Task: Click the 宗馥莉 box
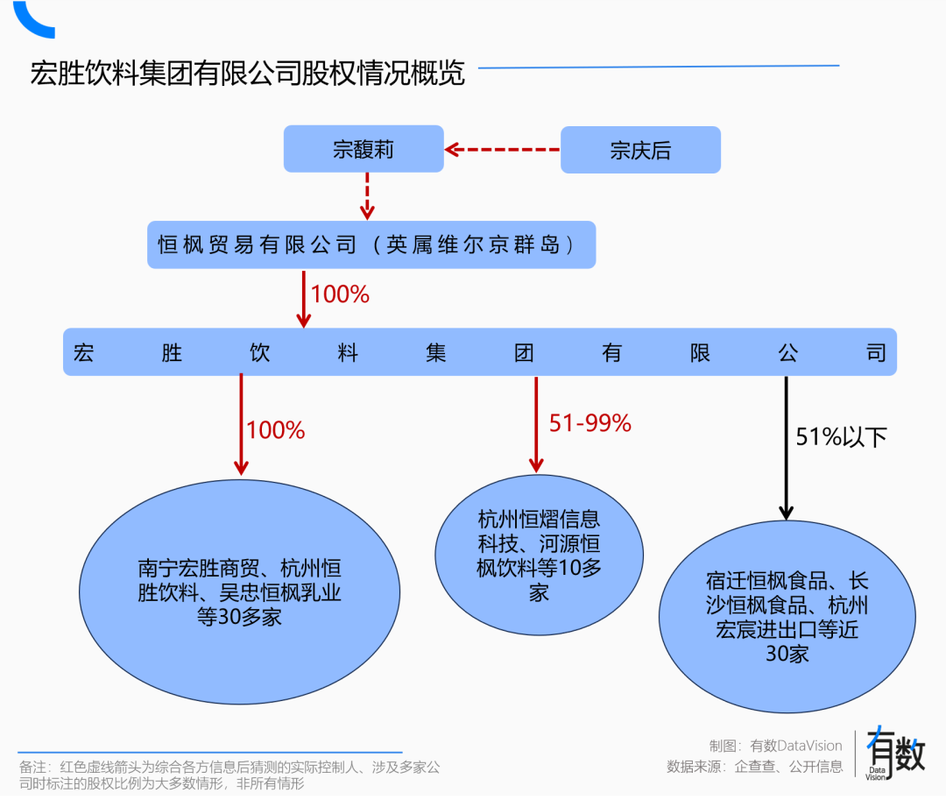click(363, 149)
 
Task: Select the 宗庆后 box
click(640, 150)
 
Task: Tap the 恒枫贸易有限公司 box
click(371, 244)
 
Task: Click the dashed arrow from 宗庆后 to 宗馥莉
click(502, 150)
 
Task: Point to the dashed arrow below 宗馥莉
click(368, 195)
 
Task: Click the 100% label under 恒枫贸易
click(340, 294)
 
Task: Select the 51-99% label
click(589, 423)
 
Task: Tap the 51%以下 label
click(840, 436)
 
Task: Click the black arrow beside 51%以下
click(786, 447)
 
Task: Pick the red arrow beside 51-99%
click(535, 423)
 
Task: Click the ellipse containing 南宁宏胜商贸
click(239, 592)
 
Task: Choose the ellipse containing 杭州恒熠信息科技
click(539, 556)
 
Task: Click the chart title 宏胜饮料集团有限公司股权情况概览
click(247, 73)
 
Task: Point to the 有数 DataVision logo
click(894, 754)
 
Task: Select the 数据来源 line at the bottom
click(754, 767)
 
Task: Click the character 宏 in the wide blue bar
click(84, 352)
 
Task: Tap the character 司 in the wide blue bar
click(875, 352)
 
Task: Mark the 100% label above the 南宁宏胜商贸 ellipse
click(275, 430)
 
